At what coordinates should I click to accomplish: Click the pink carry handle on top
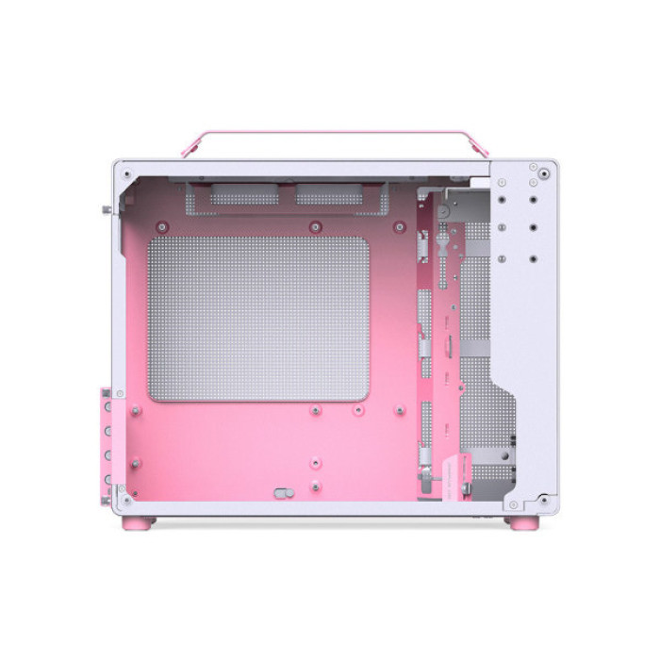(x=330, y=134)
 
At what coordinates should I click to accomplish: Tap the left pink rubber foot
(x=144, y=521)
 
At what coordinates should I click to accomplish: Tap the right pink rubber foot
(x=520, y=521)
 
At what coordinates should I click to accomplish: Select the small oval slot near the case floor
(x=280, y=492)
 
